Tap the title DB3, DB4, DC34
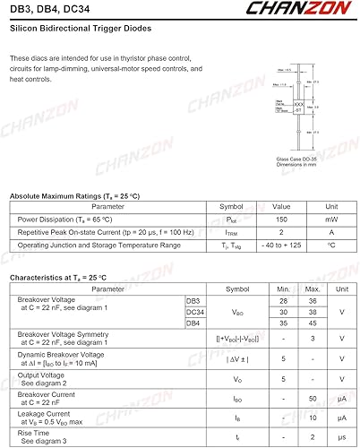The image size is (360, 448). [47, 9]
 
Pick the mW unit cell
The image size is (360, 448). [330, 219]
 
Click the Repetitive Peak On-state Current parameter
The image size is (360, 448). [104, 232]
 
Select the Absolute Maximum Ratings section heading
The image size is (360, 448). [74, 195]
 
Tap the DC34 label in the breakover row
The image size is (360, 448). [195, 311]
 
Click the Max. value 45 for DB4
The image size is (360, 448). [313, 323]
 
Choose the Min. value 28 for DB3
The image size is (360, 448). [283, 301]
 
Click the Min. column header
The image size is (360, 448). [283, 289]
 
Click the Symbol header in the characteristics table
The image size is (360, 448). [237, 289]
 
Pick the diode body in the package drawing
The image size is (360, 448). [299, 107]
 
